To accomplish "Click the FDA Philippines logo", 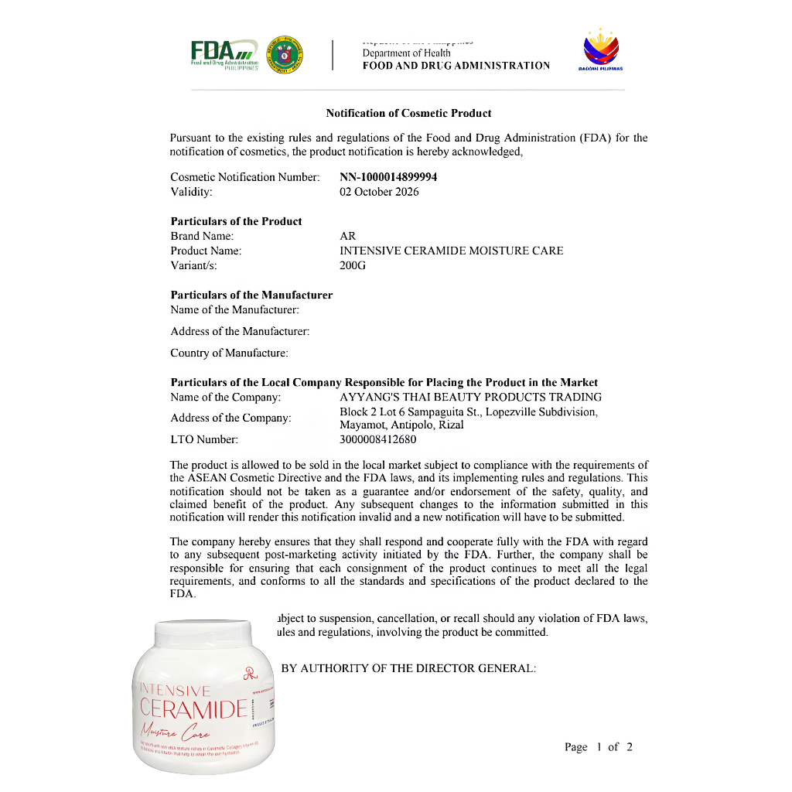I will pyautogui.click(x=224, y=54).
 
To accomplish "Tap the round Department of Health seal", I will pyautogui.click(x=284, y=55).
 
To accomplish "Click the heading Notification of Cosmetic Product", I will pyautogui.click(x=408, y=113).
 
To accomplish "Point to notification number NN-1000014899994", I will pyautogui.click(x=388, y=177).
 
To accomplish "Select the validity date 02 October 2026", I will pyautogui.click(x=379, y=192).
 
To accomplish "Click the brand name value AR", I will pyautogui.click(x=348, y=236).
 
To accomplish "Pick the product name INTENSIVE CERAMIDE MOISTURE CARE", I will pyautogui.click(x=452, y=251).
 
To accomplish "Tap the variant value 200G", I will pyautogui.click(x=353, y=265).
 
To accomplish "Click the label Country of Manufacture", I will pyautogui.click(x=230, y=353).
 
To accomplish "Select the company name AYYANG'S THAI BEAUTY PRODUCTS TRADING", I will pyautogui.click(x=471, y=398).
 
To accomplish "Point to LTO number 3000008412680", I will pyautogui.click(x=378, y=440).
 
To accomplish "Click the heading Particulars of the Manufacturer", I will pyautogui.click(x=251, y=295).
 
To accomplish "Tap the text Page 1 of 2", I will pyautogui.click(x=599, y=747).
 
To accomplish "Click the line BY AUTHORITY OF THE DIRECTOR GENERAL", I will pyautogui.click(x=408, y=668).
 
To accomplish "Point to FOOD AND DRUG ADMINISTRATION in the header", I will pyautogui.click(x=456, y=66).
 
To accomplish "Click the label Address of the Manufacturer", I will pyautogui.click(x=240, y=332).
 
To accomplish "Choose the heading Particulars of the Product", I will pyautogui.click(x=236, y=221).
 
